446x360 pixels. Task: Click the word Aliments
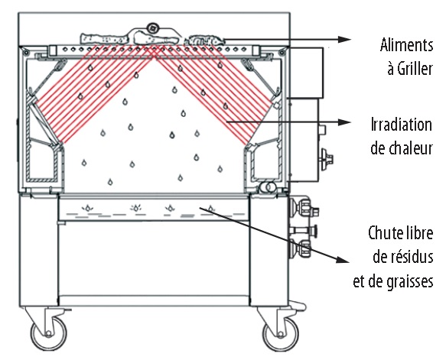406,45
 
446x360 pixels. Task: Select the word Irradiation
402,125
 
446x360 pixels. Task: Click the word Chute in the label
383,233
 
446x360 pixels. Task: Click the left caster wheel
49,332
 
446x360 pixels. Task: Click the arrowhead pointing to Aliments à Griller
345,40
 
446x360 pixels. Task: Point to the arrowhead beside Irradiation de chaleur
344,122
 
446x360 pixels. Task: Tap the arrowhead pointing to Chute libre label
343,259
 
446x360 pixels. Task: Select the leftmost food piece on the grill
104,39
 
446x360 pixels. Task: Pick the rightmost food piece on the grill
204,41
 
